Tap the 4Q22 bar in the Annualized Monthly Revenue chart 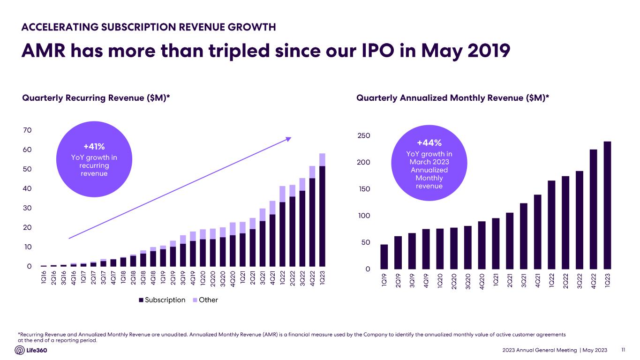(x=594, y=209)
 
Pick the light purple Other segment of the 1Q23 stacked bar (x=322, y=160)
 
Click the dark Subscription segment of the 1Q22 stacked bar (x=282, y=234)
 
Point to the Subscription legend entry (x=162, y=300)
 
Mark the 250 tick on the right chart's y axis (x=364, y=135)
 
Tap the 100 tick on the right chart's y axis (x=364, y=216)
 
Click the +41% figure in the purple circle (x=94, y=146)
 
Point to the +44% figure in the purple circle (x=429, y=142)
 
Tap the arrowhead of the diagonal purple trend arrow (x=289, y=138)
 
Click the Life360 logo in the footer (x=31, y=350)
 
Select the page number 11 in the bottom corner (x=623, y=350)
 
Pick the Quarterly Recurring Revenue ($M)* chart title (x=96, y=98)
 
